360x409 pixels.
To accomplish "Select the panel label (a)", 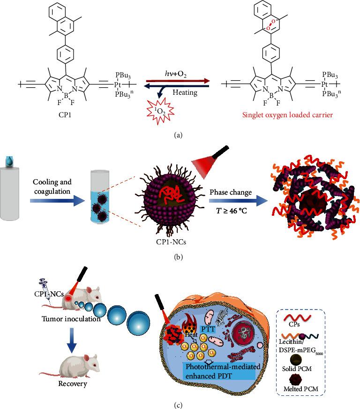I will [180, 135].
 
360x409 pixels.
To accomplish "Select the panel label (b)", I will [180, 256].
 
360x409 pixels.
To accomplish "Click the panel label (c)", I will [180, 403].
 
